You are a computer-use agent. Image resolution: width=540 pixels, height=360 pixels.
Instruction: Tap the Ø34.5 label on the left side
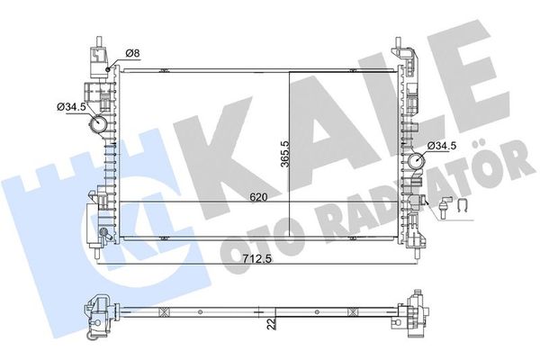[x=71, y=107]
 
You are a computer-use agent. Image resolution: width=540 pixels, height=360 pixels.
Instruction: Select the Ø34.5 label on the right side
[x=443, y=145]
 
